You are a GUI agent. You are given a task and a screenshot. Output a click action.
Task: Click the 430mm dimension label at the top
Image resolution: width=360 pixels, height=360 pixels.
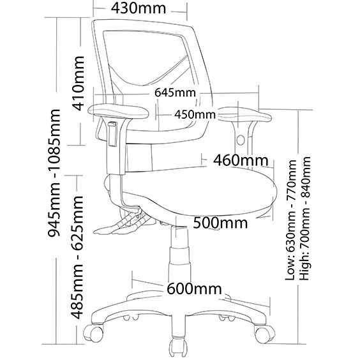[139, 8]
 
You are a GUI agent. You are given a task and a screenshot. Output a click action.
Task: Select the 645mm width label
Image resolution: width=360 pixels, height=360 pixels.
[175, 93]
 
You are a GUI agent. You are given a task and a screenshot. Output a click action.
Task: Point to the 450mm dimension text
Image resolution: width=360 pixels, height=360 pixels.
[195, 114]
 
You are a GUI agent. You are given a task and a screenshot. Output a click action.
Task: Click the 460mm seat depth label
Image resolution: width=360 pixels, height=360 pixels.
[241, 160]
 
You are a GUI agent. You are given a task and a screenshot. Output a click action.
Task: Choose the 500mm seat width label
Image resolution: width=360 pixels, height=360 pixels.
[220, 223]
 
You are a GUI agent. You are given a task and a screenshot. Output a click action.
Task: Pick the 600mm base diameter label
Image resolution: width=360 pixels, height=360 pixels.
[194, 289]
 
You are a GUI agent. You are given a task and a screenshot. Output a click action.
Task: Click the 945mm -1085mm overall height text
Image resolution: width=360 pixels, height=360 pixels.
[54, 173]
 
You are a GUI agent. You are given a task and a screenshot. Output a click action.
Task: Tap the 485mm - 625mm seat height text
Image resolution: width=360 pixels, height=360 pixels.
[77, 257]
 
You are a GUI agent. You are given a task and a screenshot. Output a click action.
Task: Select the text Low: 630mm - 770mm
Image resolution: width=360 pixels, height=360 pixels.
[290, 220]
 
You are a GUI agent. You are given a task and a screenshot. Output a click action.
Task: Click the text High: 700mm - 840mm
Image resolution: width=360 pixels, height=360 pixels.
[305, 218]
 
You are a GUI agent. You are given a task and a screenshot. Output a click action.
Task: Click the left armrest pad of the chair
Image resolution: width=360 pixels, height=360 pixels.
[119, 112]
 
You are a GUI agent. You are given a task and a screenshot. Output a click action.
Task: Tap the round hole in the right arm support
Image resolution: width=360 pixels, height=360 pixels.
[241, 140]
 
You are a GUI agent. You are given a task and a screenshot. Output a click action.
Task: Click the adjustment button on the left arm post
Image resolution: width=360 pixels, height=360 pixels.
[112, 134]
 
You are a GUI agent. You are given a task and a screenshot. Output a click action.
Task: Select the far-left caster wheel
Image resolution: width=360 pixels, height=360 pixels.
[94, 333]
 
